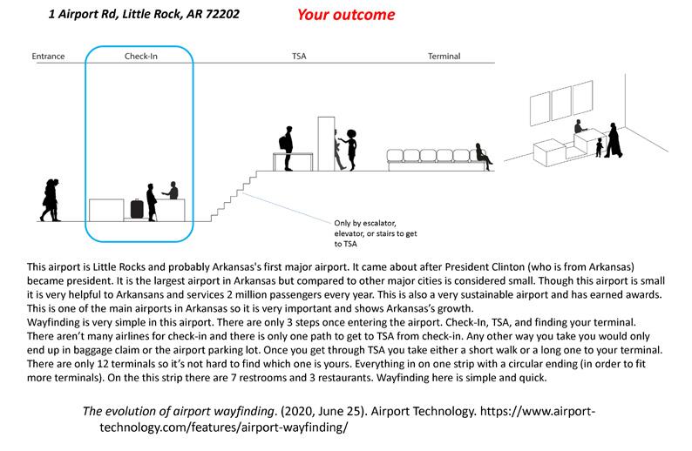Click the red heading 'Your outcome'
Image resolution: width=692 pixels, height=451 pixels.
click(344, 15)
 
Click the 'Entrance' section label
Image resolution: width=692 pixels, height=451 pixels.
click(48, 57)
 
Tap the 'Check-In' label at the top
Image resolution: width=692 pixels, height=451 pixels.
click(140, 57)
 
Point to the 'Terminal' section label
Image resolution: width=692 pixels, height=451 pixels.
click(444, 57)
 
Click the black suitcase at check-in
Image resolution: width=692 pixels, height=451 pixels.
click(136, 209)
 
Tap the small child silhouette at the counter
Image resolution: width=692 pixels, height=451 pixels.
click(599, 148)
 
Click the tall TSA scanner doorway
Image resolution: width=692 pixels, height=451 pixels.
click(327, 141)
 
